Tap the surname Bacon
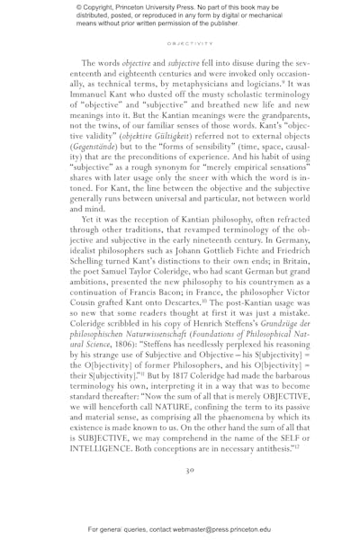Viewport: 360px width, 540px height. (206, 289)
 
